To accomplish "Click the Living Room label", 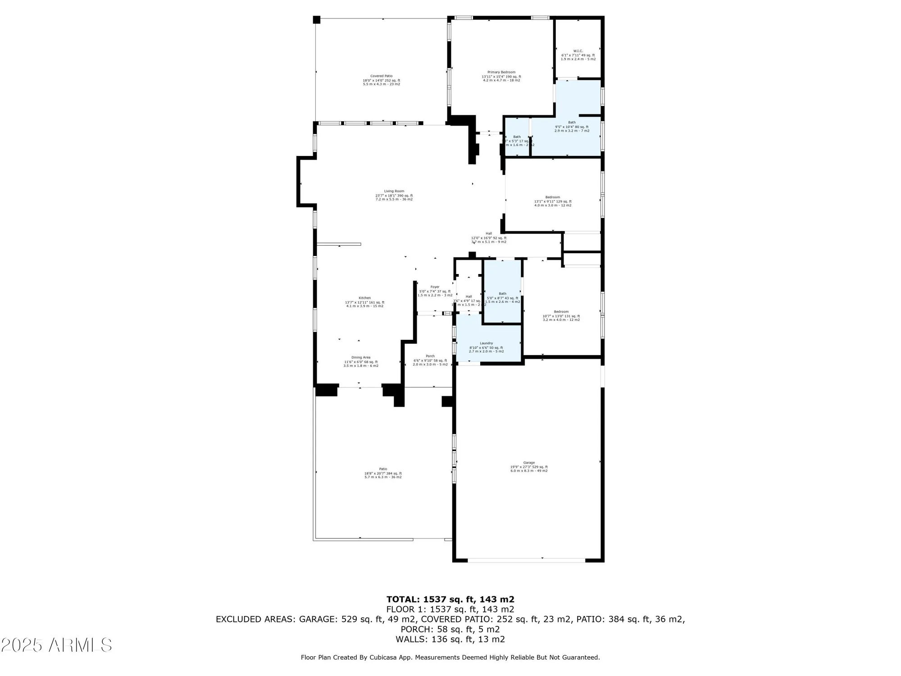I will pyautogui.click(x=394, y=191).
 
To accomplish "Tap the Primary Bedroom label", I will pyautogui.click(x=501, y=72).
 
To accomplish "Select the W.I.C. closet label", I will pyautogui.click(x=578, y=51).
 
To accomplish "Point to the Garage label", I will pyautogui.click(x=529, y=462).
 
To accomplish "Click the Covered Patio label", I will pyautogui.click(x=381, y=76).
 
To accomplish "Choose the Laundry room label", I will pyautogui.click(x=486, y=343).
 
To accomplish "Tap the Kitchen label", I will pyautogui.click(x=364, y=298).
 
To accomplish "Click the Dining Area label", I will pyautogui.click(x=360, y=357).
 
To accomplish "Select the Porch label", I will pyautogui.click(x=430, y=356).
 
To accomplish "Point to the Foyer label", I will pyautogui.click(x=435, y=287).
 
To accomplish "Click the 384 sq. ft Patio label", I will pyautogui.click(x=383, y=469).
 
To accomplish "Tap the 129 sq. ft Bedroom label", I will pyautogui.click(x=553, y=197).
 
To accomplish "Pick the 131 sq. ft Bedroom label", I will pyautogui.click(x=561, y=312).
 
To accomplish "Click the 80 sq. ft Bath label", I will pyautogui.click(x=572, y=123).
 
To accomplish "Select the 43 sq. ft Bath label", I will pyautogui.click(x=502, y=294).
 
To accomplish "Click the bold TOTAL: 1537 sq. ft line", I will pyautogui.click(x=450, y=599).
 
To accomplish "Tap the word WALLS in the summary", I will pyautogui.click(x=412, y=639).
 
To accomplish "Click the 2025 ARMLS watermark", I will pyautogui.click(x=56, y=645).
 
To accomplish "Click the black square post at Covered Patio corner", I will pyautogui.click(x=317, y=20).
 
